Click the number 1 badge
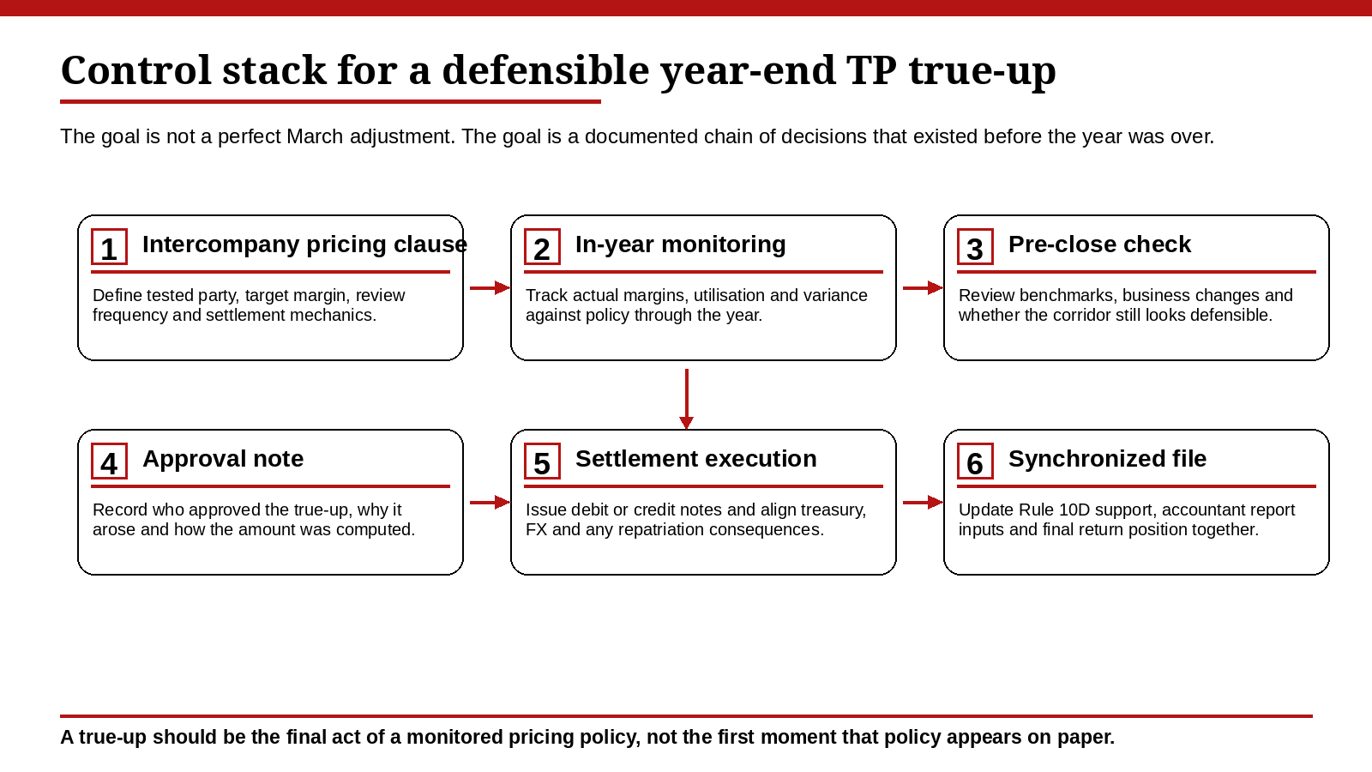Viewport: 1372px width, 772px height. point(109,247)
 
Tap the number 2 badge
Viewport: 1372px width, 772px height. point(542,247)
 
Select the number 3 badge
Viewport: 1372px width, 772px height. point(975,247)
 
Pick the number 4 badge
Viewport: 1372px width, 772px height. point(109,461)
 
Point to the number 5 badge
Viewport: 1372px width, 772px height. point(542,461)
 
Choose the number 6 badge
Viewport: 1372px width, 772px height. point(975,461)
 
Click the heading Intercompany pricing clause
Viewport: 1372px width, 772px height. point(304,244)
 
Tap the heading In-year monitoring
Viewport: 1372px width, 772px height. point(680,244)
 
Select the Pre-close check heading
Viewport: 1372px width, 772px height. point(1099,244)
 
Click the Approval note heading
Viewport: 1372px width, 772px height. point(223,459)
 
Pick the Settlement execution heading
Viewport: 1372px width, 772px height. point(695,459)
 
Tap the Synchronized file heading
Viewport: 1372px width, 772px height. point(1107,459)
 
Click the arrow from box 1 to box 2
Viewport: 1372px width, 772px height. point(490,287)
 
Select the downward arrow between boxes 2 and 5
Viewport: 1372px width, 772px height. point(686,399)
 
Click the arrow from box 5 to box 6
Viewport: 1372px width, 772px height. point(923,502)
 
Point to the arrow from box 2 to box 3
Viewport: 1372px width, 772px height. point(923,287)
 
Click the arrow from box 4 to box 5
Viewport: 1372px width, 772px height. point(490,502)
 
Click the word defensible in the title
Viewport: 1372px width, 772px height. point(545,70)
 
